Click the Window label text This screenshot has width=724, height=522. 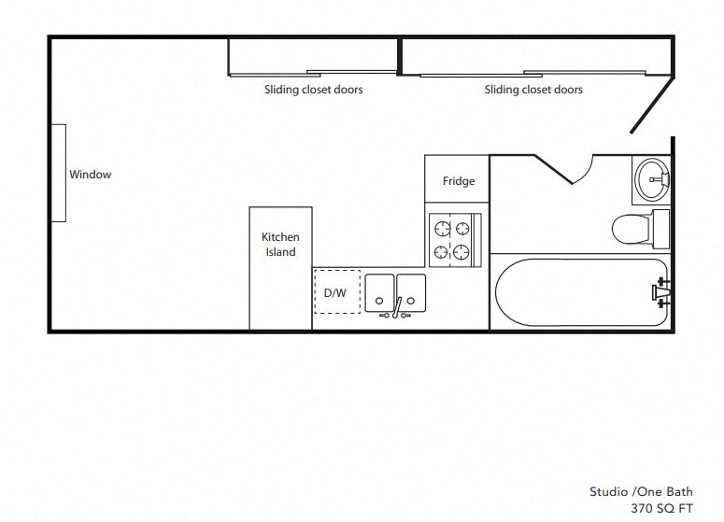[90, 175]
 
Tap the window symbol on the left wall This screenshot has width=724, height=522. [58, 173]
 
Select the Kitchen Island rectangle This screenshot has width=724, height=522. [280, 268]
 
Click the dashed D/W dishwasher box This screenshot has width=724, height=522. [334, 292]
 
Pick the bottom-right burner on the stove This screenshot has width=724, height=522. [461, 250]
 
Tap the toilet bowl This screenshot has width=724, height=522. [631, 228]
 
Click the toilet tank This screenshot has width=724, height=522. [660, 228]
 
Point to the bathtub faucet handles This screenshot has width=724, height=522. [661, 292]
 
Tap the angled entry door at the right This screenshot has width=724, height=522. [652, 104]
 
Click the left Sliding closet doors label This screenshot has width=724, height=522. [313, 90]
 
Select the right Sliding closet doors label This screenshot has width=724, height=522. [532, 90]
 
